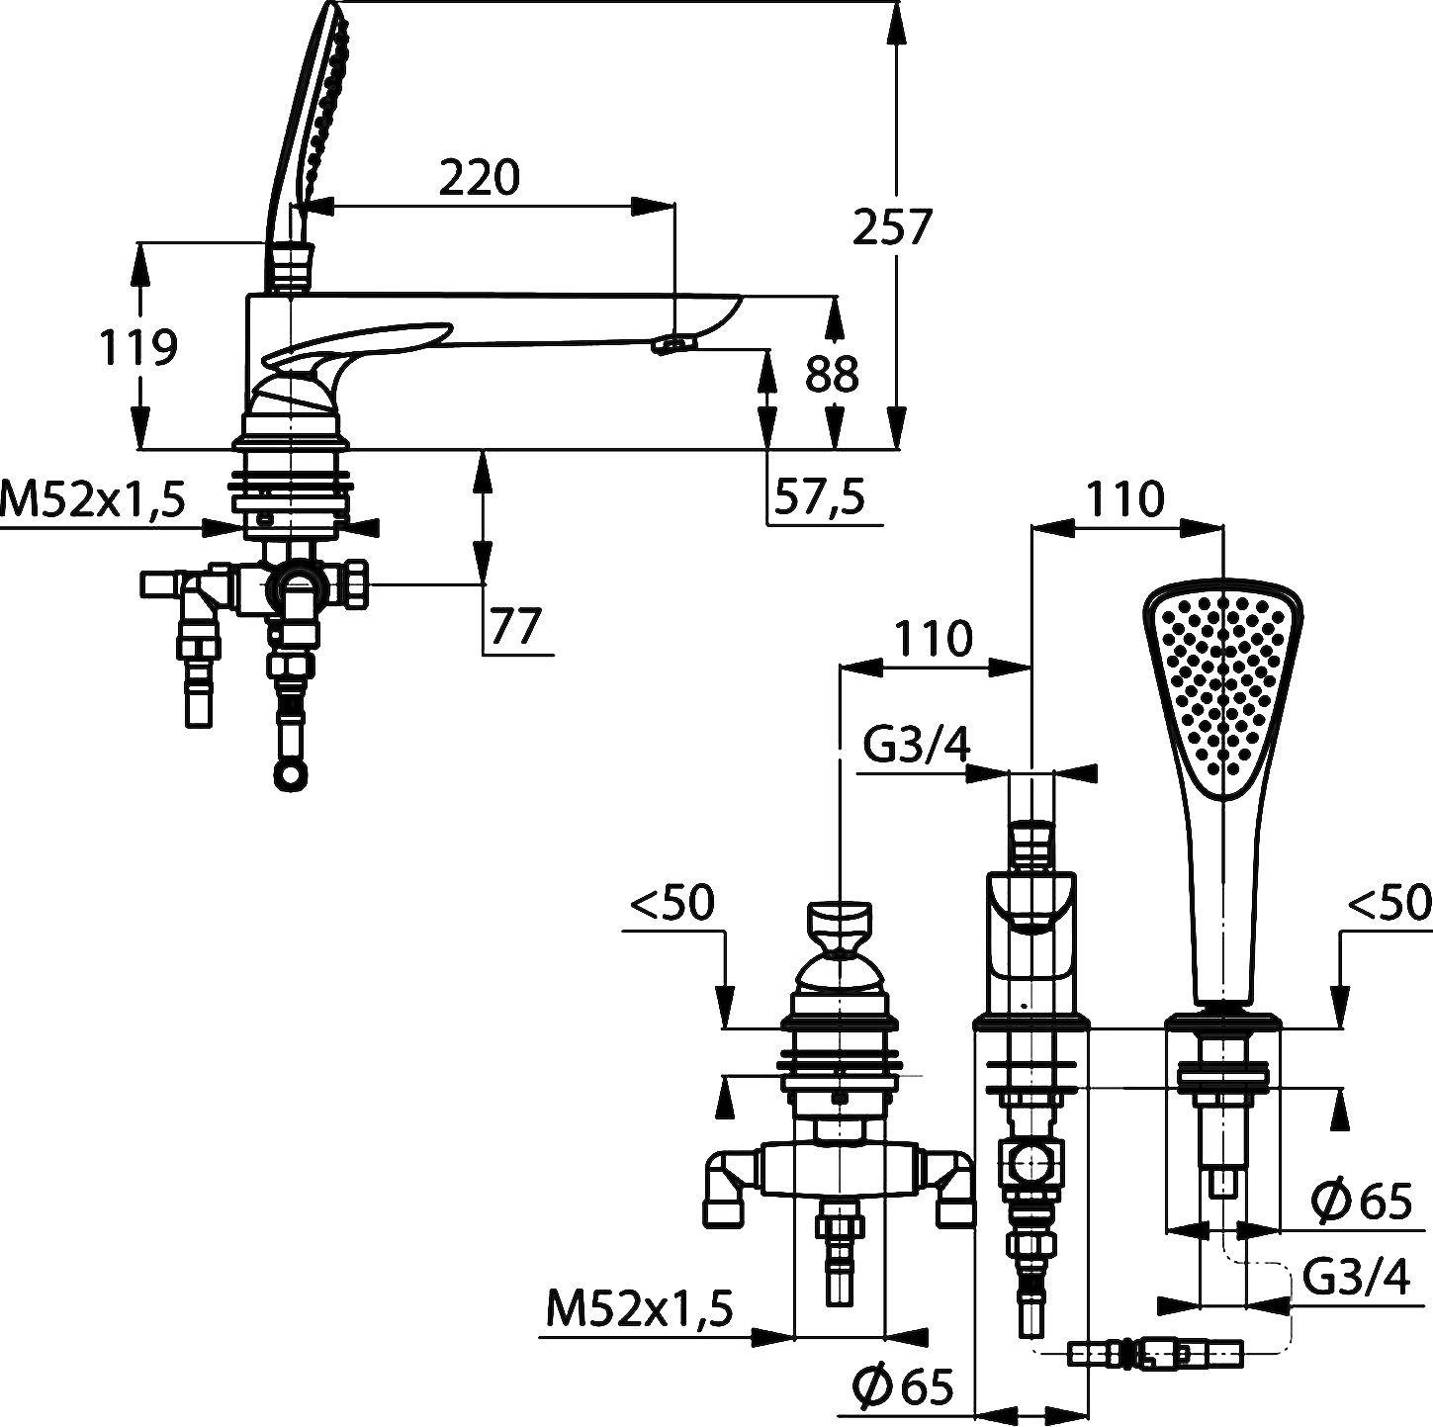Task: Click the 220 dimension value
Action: (x=479, y=178)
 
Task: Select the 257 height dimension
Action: (x=892, y=226)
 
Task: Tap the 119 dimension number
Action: (x=138, y=346)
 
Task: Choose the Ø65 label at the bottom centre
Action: (x=904, y=1384)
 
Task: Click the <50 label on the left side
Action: (x=672, y=901)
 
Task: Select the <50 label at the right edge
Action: (x=1389, y=901)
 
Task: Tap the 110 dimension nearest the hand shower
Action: (x=1123, y=499)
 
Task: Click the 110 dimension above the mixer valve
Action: (x=933, y=638)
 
